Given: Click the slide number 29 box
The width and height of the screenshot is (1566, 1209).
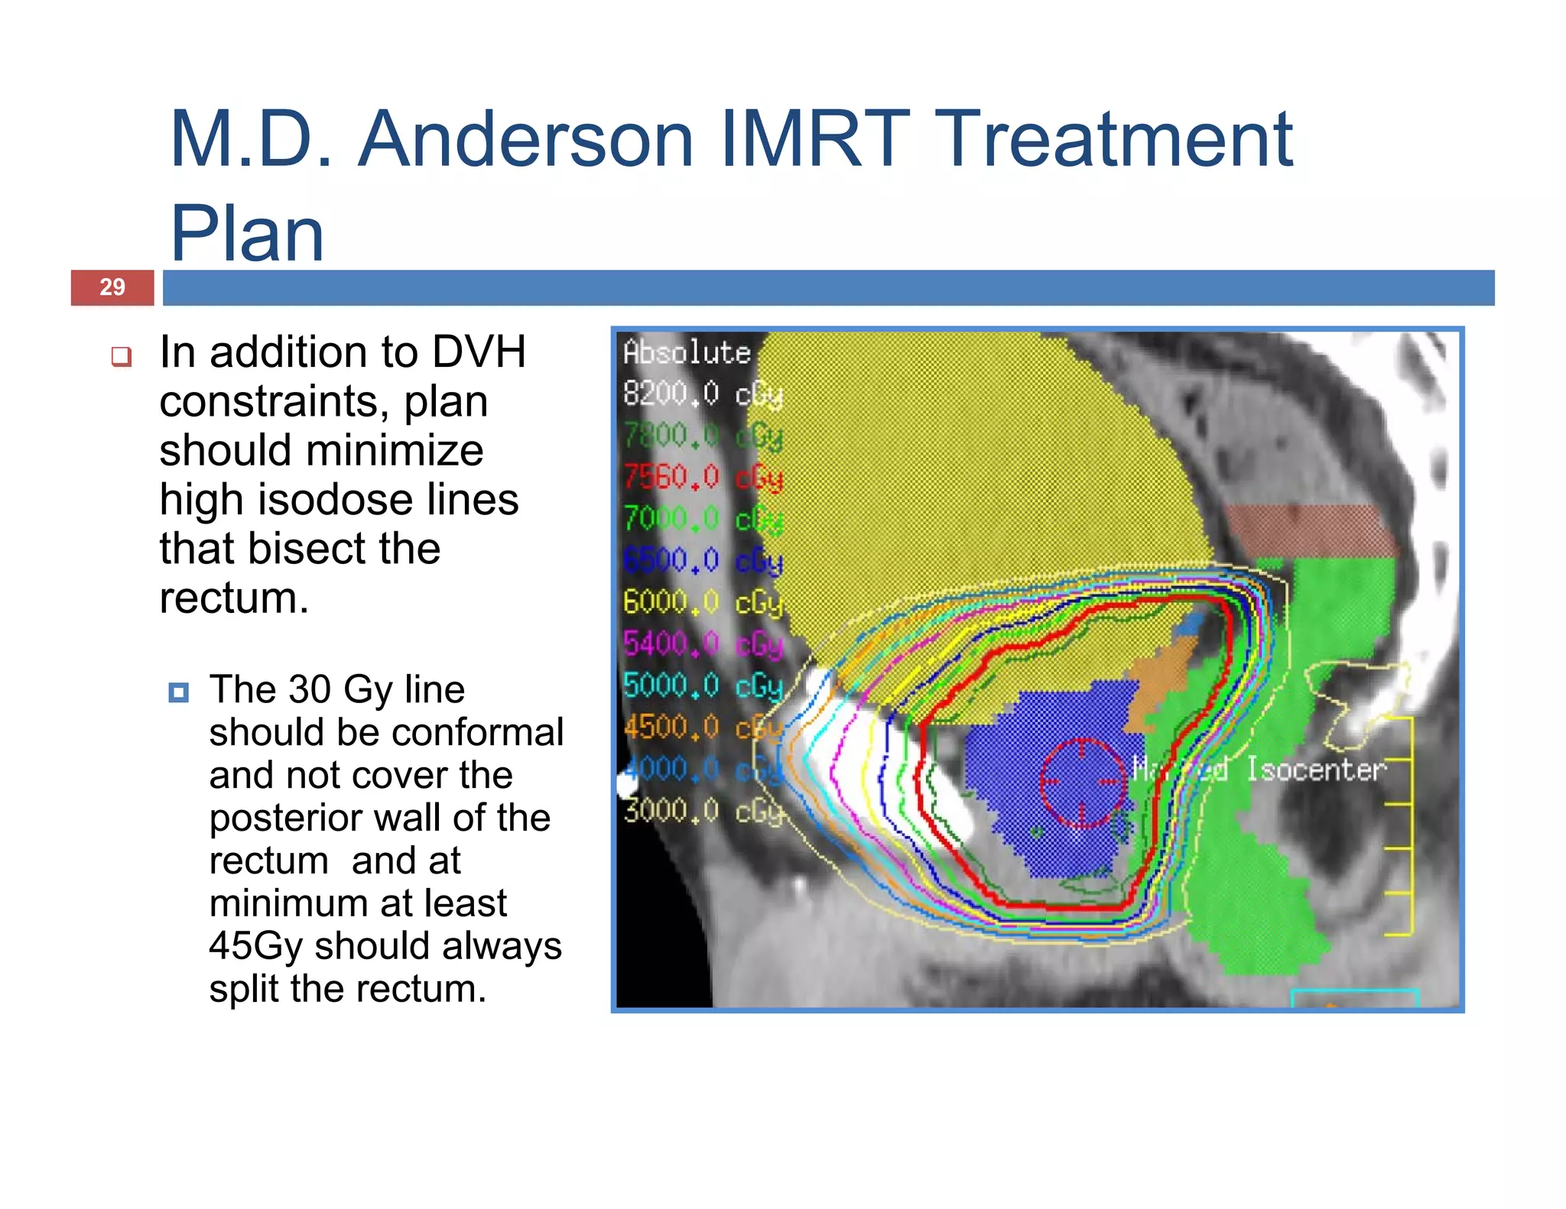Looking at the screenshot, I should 112,287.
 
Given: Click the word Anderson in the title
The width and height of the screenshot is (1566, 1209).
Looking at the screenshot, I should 525,140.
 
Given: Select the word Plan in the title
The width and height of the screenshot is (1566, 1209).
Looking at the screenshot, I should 247,234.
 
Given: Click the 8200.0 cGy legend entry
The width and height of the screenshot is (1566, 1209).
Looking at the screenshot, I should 702,394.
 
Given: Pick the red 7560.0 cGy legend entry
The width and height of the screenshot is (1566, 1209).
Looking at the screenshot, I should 702,478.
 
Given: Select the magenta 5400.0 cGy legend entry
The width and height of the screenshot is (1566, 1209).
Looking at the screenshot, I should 702,643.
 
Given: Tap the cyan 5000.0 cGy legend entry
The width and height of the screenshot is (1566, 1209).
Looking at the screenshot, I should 702,686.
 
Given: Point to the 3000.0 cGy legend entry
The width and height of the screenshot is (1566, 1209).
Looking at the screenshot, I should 702,811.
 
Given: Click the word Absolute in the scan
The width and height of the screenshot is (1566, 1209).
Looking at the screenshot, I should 686,352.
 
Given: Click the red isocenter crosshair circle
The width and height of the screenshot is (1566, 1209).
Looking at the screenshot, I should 1082,783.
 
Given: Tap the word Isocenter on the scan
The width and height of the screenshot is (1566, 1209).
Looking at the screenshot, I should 1315,770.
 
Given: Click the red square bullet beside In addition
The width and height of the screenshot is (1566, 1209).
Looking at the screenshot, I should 122,356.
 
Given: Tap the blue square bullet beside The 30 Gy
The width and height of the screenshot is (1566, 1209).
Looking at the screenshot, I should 178,692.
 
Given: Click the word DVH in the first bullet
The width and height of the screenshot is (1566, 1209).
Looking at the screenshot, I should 478,352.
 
